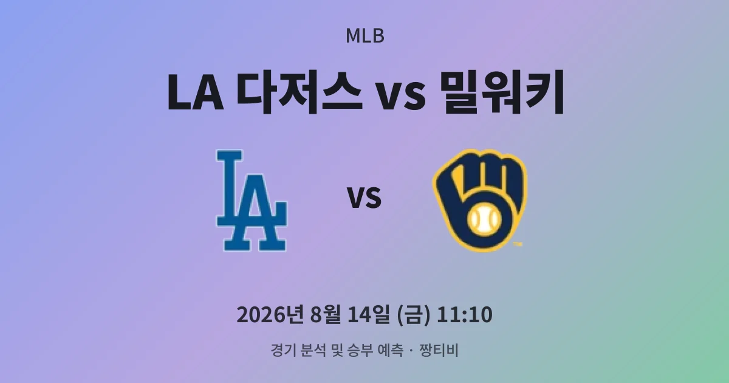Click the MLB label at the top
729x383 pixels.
click(365, 36)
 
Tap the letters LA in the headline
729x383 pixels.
click(195, 93)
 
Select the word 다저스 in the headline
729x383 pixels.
click(299, 92)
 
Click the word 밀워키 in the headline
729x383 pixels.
click(502, 92)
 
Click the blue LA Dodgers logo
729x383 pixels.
click(252, 200)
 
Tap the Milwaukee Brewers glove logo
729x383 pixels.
click(479, 200)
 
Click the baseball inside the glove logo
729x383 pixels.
click(484, 219)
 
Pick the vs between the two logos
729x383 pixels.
click(364, 198)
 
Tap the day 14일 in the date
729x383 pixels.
click(368, 315)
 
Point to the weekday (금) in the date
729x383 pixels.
click(413, 315)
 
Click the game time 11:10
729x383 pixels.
click(464, 315)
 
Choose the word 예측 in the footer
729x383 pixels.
click(391, 350)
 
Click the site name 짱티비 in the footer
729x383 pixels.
click(439, 350)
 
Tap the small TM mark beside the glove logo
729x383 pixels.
click(518, 244)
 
